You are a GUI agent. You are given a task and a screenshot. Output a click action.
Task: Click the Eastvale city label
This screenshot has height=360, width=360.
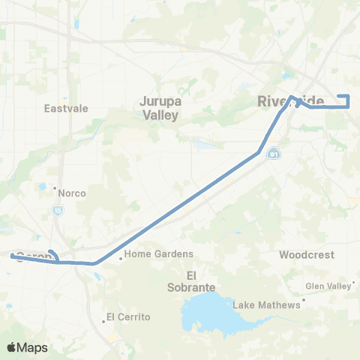pyautogui.click(x=66, y=108)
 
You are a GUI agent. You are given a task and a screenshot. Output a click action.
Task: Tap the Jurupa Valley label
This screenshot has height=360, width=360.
pyautogui.click(x=160, y=107)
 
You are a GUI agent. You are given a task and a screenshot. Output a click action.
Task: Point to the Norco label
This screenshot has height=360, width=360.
pyautogui.click(x=71, y=193)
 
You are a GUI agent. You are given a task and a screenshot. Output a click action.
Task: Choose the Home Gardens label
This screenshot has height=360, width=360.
pyautogui.click(x=159, y=254)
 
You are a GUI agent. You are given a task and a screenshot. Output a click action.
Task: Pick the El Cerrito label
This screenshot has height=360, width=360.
pyautogui.click(x=128, y=316)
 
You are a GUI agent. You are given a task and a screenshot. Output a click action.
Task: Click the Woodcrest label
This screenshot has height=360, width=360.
pyautogui.click(x=307, y=255)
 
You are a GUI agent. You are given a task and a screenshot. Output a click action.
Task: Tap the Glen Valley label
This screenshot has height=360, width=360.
pyautogui.click(x=328, y=286)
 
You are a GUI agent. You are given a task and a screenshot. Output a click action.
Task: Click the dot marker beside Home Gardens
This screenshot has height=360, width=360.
pyautogui.click(x=121, y=259)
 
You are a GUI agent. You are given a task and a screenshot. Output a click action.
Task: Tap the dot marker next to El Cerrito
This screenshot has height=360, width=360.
pyautogui.click(x=103, y=321)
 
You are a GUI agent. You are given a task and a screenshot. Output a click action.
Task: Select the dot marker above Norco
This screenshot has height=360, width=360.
pyautogui.click(x=55, y=187)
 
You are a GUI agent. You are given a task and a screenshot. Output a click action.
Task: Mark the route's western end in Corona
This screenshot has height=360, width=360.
pyautogui.click(x=11, y=256)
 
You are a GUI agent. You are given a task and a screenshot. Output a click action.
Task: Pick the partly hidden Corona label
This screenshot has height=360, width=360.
pyautogui.click(x=34, y=255)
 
